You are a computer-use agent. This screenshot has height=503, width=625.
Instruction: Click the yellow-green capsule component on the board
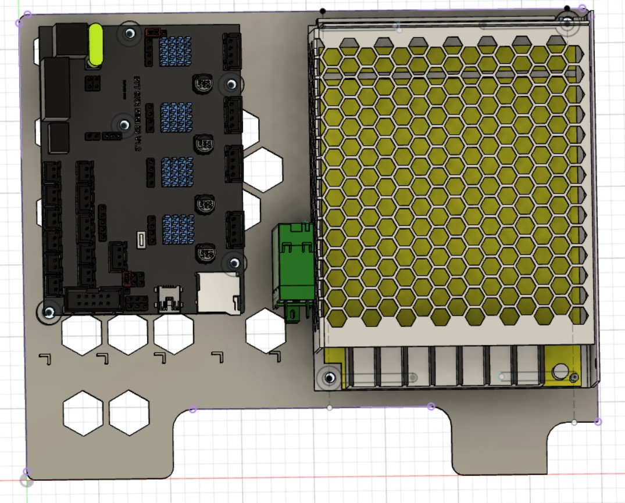tap(95, 45)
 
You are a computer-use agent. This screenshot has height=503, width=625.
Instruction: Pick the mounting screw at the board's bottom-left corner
tap(49, 312)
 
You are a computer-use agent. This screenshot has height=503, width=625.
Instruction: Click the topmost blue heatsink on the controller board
tap(176, 48)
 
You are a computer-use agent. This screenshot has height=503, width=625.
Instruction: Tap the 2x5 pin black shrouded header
tap(93, 300)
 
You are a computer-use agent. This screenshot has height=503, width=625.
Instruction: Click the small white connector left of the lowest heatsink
tap(141, 239)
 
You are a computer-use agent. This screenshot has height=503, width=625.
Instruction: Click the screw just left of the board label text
tap(124, 124)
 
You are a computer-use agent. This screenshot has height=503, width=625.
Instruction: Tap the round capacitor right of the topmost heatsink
tap(203, 84)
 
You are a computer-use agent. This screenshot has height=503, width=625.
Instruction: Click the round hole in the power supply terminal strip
tap(560, 371)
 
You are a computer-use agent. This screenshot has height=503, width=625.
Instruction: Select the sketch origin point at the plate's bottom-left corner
tap(26, 480)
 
